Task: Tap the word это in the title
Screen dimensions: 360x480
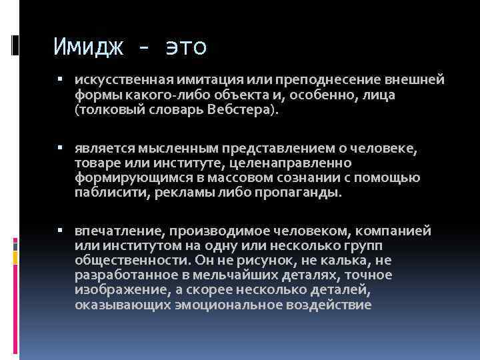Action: coord(183,48)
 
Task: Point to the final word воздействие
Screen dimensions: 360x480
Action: coord(329,305)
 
